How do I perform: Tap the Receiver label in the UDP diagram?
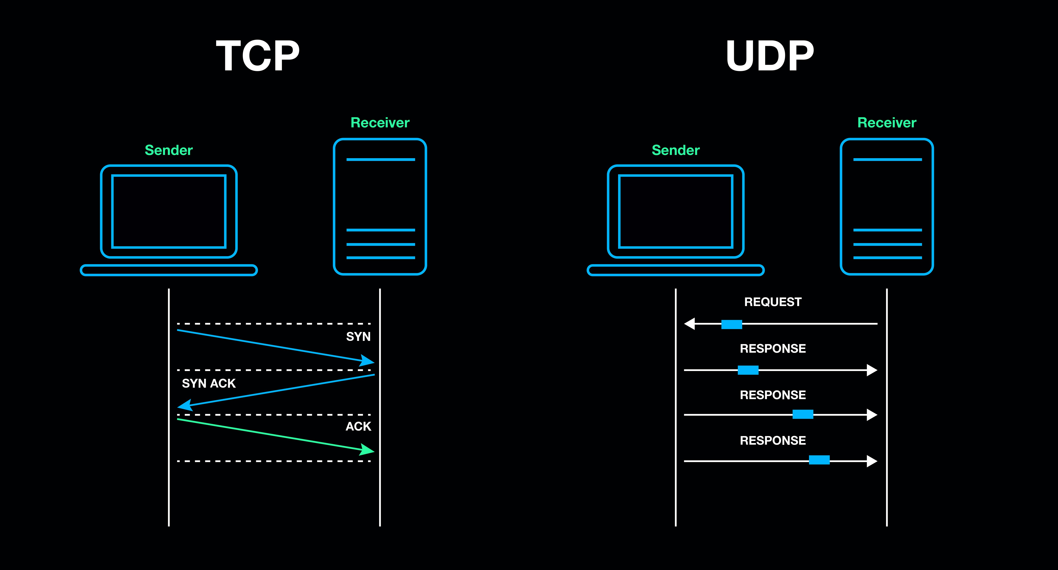pos(887,123)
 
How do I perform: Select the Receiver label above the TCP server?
pos(380,123)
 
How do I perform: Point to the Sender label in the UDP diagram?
pos(676,150)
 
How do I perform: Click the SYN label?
pos(358,337)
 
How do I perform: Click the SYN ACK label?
pos(209,384)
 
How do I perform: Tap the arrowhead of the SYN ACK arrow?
pos(185,405)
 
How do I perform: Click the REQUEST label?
pos(773,302)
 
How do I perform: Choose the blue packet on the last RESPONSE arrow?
pos(819,460)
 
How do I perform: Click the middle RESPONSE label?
pos(773,395)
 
